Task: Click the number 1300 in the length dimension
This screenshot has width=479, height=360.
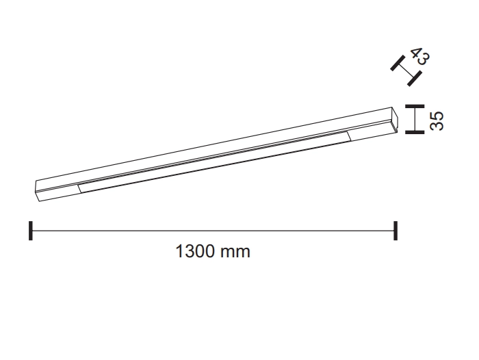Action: click(194, 251)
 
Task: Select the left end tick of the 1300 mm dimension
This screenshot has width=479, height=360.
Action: click(31, 231)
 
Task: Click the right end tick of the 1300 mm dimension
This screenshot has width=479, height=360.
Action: click(396, 231)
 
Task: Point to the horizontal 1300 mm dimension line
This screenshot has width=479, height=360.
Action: click(213, 231)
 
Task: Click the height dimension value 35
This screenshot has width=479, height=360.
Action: click(437, 121)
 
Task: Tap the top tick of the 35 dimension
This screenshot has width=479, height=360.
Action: click(415, 106)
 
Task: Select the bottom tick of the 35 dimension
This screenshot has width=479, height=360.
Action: click(415, 132)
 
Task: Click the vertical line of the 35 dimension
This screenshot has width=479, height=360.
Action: click(415, 119)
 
